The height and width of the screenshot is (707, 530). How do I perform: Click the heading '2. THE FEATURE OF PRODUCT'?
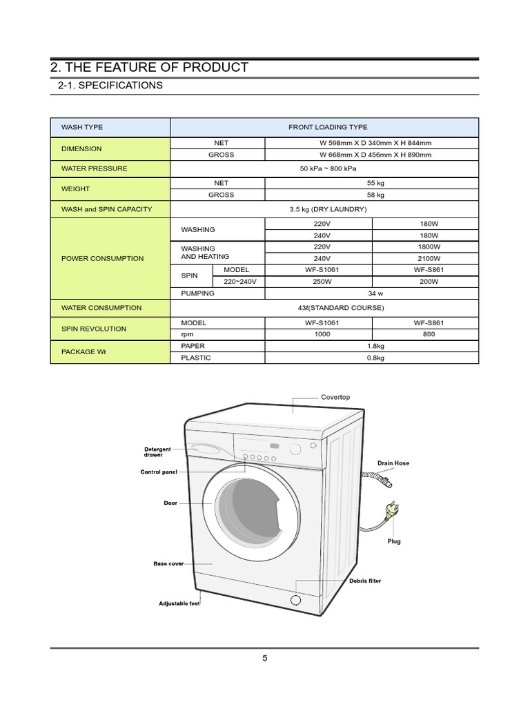(149, 67)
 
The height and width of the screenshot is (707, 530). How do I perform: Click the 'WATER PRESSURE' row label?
(95, 168)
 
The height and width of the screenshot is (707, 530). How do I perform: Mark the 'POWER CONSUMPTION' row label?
(103, 258)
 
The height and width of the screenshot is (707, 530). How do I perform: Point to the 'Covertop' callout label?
(335, 398)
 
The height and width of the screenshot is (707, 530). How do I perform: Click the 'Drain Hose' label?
(393, 463)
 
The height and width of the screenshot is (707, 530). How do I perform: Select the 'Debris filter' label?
(365, 581)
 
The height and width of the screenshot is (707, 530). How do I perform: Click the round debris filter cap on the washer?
(295, 600)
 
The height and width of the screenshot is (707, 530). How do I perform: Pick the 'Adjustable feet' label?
(179, 603)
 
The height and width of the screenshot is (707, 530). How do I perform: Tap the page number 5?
(265, 658)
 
